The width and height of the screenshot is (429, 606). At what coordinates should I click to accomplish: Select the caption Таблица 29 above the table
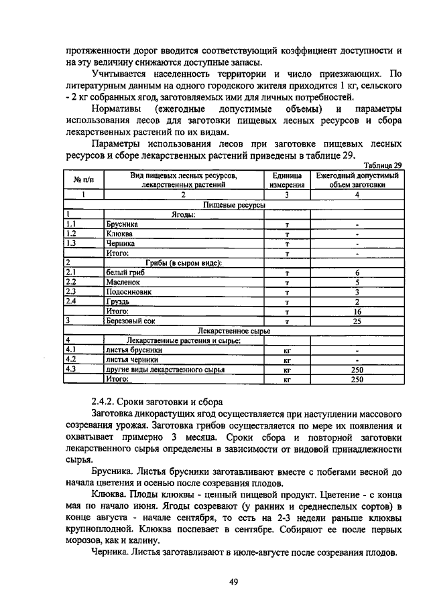coord(381,165)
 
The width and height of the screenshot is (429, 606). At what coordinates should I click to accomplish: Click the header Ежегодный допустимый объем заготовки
coord(357,179)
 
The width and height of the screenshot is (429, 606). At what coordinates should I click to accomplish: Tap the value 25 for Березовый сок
coord(357,321)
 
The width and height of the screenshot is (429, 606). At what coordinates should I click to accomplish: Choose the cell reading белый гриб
coord(125,273)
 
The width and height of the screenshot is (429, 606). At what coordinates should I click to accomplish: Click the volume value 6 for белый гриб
coord(357,273)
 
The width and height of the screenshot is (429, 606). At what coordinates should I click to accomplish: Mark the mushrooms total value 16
coord(357,311)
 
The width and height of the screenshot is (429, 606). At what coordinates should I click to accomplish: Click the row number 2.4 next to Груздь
coord(72,301)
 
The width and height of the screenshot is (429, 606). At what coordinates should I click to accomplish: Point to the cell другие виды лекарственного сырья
coord(164,369)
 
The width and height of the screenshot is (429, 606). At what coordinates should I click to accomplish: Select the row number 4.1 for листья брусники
coord(72,350)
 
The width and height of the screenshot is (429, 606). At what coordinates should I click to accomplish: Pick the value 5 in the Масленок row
coord(357,282)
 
